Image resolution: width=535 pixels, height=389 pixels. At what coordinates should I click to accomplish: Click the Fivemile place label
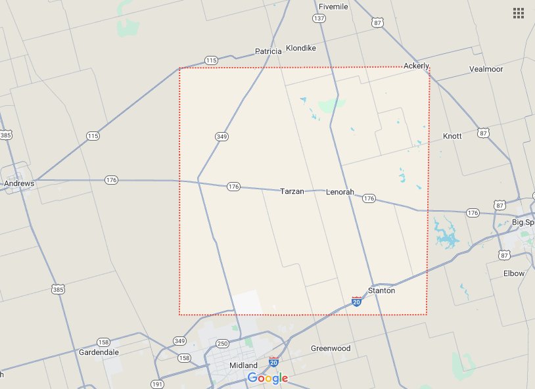(x=333, y=7)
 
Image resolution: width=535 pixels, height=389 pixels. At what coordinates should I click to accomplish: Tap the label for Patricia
(x=268, y=51)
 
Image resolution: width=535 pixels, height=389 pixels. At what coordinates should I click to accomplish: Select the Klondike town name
(x=301, y=49)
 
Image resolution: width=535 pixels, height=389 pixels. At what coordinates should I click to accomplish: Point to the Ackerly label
(x=416, y=66)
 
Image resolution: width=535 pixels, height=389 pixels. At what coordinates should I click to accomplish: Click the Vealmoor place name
(x=486, y=69)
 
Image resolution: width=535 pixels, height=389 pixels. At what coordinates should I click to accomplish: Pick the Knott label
(x=452, y=136)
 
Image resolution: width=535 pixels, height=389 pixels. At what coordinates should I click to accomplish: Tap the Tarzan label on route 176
(x=292, y=191)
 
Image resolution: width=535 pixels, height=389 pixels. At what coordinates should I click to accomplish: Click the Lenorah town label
(x=340, y=192)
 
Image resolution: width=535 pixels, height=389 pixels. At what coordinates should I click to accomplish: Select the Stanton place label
(x=382, y=290)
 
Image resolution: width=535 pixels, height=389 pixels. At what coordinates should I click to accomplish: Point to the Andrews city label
(x=18, y=184)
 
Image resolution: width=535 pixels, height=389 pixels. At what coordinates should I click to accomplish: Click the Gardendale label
(x=99, y=352)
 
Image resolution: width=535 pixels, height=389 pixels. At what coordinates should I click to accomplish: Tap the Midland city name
(x=243, y=365)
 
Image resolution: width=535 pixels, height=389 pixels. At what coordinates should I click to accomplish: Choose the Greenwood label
(x=331, y=348)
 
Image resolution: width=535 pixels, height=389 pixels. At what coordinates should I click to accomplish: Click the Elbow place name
(x=514, y=273)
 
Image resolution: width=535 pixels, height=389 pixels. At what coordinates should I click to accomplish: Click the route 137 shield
(x=319, y=18)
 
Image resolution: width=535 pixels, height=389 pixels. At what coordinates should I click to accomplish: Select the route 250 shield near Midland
(x=222, y=344)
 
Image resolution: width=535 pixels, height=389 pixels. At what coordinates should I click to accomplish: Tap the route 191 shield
(x=156, y=384)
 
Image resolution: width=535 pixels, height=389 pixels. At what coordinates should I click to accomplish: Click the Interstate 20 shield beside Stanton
(x=356, y=301)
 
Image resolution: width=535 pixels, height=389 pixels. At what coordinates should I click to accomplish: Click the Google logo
(x=267, y=378)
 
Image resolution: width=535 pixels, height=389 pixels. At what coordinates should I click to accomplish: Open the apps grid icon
(x=518, y=12)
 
